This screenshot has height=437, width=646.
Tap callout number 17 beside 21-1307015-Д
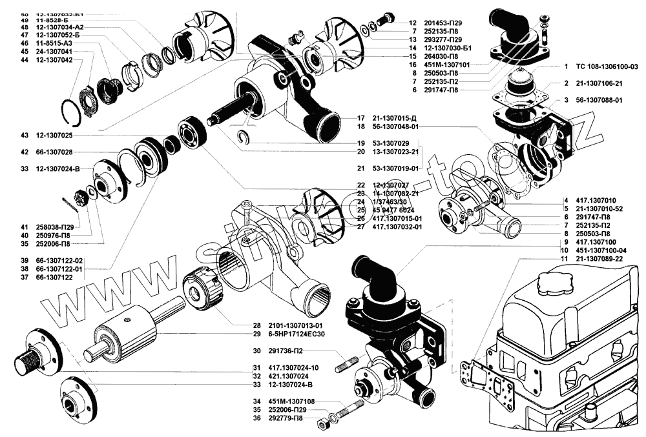tap(360, 118)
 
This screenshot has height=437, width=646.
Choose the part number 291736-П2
tap(288, 352)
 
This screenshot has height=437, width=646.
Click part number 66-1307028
tap(54, 152)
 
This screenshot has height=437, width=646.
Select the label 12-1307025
tap(54, 136)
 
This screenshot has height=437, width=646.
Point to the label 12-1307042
tap(54, 59)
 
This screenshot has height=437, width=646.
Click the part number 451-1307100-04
tap(601, 250)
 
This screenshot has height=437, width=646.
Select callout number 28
tap(256, 325)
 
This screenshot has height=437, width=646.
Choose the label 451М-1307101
tap(450, 65)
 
